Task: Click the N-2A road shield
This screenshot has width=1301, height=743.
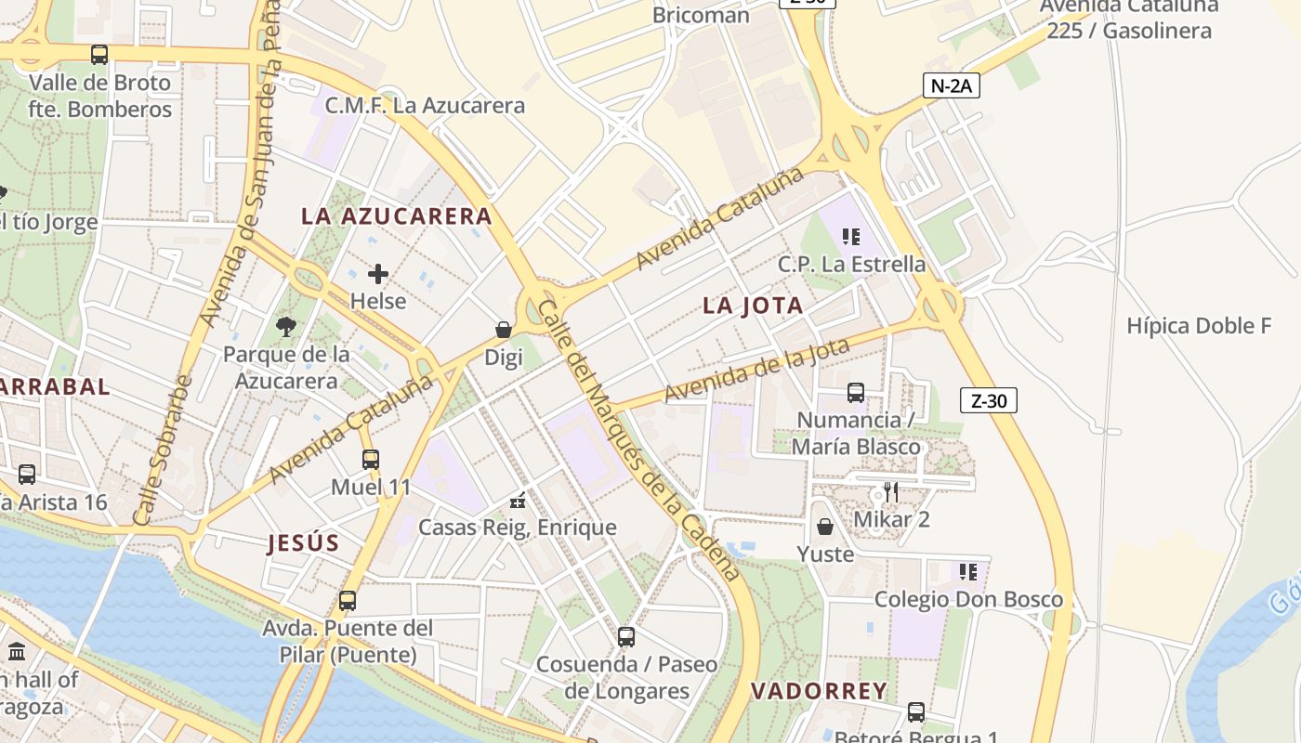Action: (x=952, y=86)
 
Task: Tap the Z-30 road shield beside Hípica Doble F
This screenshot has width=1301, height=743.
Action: (x=989, y=400)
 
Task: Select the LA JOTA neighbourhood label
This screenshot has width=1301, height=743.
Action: (x=753, y=306)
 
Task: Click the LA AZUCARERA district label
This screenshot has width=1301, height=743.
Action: (x=397, y=216)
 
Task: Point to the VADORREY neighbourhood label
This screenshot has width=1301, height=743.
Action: (x=819, y=691)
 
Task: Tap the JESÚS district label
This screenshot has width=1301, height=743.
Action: (x=303, y=543)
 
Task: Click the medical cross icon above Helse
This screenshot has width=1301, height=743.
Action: (x=378, y=274)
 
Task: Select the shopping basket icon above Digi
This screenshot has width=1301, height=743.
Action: (x=504, y=330)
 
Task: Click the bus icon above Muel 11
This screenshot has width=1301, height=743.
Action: (x=371, y=459)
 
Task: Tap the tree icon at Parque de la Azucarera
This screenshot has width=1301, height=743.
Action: (x=286, y=326)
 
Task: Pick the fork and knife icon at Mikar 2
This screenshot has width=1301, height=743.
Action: (x=891, y=491)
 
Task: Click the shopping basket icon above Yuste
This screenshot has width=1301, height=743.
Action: (x=825, y=527)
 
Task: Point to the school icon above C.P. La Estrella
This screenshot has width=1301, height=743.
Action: (x=850, y=237)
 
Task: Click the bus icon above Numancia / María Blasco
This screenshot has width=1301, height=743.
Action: (x=856, y=393)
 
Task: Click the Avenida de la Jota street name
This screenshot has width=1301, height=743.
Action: (x=757, y=372)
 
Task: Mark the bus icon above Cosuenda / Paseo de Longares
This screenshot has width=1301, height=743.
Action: (x=626, y=637)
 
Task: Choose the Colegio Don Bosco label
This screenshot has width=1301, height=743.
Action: (x=968, y=600)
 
